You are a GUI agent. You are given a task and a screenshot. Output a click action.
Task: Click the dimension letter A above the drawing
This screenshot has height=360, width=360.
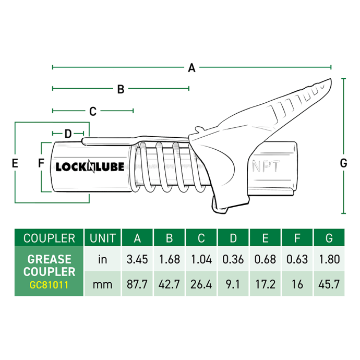(x=191, y=67)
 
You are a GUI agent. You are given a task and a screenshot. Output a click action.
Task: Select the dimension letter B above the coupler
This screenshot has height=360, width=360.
(x=121, y=89)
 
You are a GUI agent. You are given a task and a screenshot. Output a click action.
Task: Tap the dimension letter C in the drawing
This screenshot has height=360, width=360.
(x=93, y=111)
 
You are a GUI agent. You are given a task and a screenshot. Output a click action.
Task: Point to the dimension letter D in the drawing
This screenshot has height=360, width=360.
(x=68, y=134)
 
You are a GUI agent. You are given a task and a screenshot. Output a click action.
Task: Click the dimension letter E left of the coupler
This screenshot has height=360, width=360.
(x=15, y=163)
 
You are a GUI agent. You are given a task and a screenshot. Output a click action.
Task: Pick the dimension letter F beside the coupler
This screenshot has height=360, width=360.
(x=41, y=163)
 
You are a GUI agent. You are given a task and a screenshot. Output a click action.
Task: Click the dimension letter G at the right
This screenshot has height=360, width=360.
(x=343, y=163)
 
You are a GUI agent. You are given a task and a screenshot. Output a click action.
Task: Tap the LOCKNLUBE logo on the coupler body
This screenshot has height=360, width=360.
(x=90, y=167)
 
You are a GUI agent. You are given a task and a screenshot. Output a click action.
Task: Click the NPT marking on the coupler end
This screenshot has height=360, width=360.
(x=267, y=167)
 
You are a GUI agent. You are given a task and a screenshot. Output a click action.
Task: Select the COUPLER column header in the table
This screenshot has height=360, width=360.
(x=49, y=238)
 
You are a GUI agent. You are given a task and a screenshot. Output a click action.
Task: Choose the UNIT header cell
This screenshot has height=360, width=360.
(x=103, y=238)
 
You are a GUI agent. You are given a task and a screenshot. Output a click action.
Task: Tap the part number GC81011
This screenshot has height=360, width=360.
(x=49, y=286)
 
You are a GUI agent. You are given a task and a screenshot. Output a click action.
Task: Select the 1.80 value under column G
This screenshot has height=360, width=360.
(x=329, y=259)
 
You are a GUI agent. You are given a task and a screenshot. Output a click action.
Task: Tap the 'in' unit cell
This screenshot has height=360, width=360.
(x=103, y=259)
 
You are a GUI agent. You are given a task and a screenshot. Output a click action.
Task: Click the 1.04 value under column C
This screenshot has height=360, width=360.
(x=201, y=259)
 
